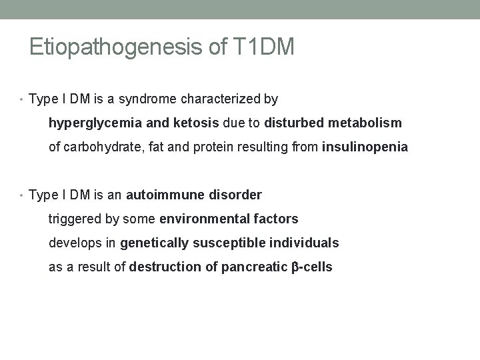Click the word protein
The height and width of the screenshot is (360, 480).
click(x=217, y=147)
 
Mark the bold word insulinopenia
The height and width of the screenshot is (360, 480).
click(x=365, y=147)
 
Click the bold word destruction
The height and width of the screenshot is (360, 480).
click(x=163, y=267)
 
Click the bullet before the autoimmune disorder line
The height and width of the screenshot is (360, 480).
click(x=24, y=196)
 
